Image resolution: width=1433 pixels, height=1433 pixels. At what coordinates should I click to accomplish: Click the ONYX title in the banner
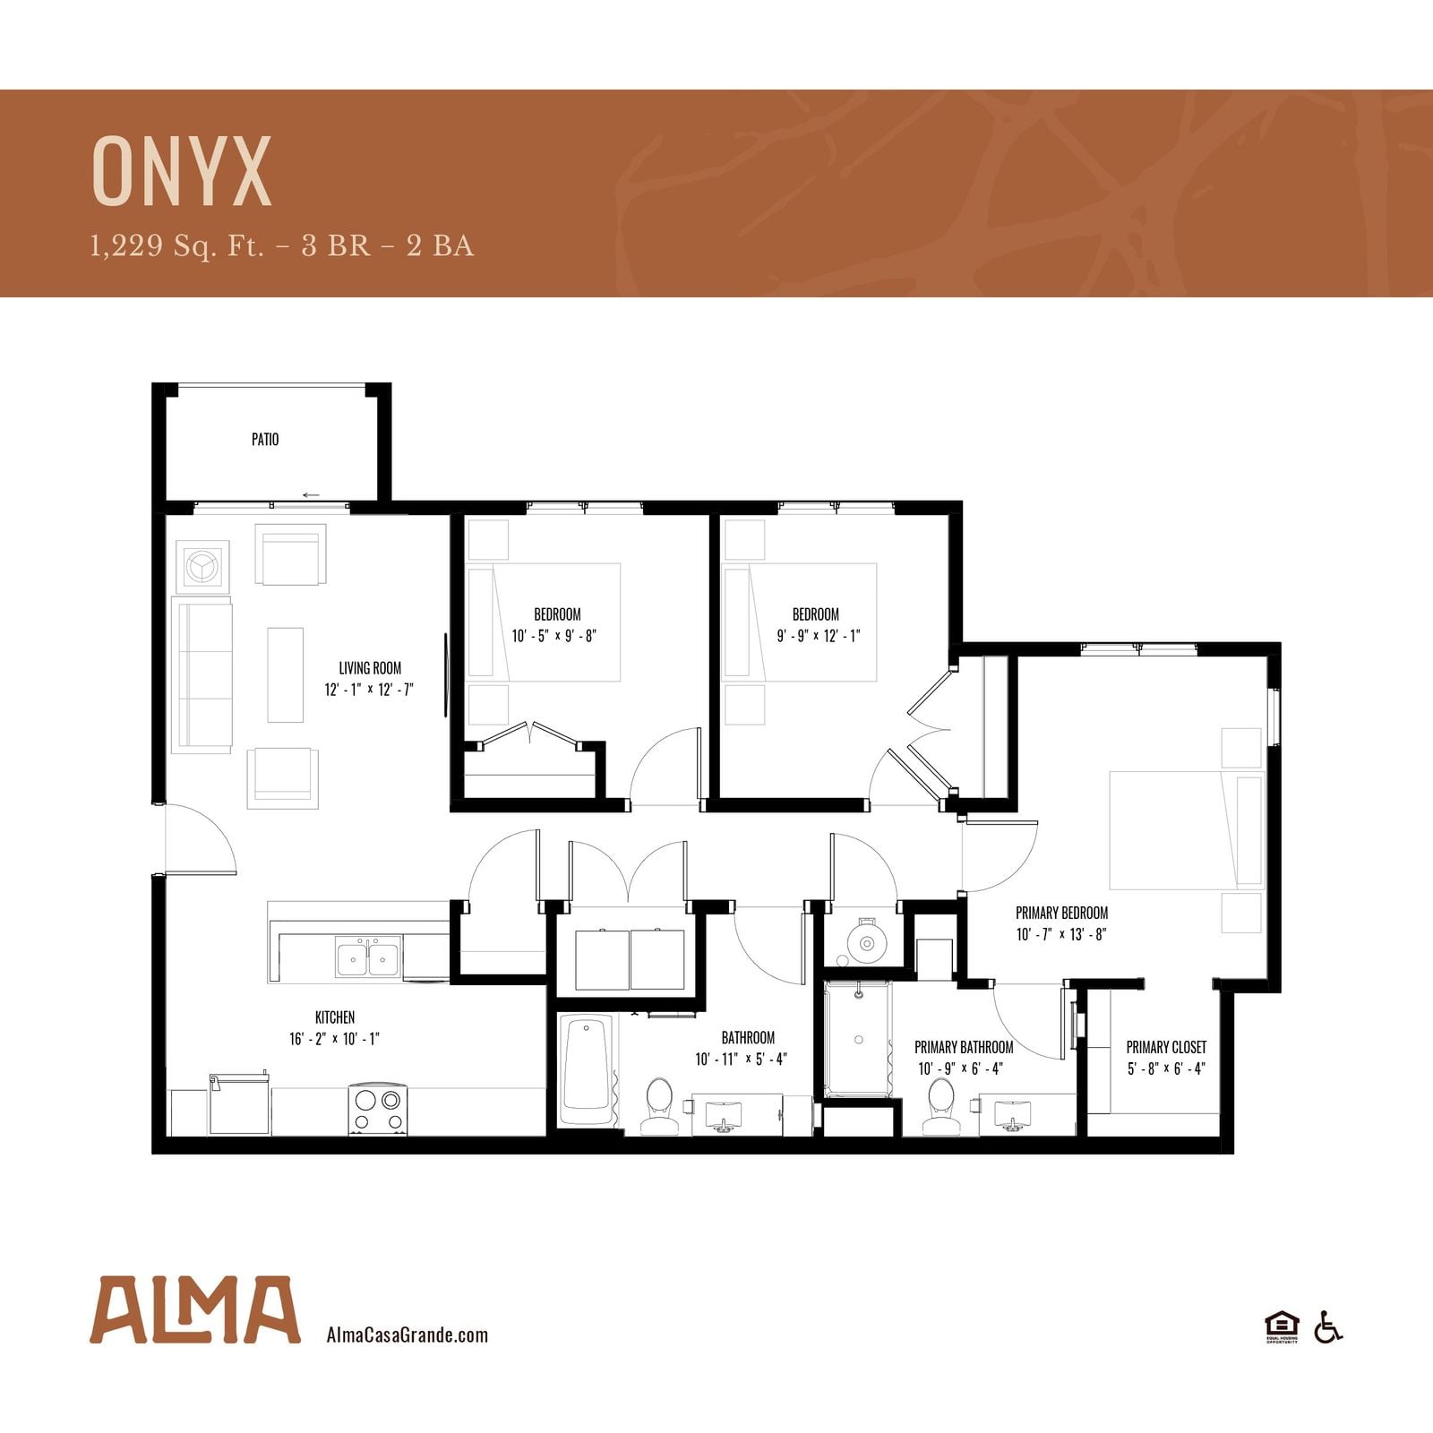tap(182, 172)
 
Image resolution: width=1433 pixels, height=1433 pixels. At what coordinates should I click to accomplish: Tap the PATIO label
tap(265, 439)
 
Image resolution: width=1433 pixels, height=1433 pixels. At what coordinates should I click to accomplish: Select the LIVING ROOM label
tap(370, 668)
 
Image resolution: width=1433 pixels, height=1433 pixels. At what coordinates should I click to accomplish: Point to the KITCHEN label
tap(335, 1017)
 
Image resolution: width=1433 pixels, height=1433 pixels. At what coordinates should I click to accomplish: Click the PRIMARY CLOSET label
tap(1166, 1047)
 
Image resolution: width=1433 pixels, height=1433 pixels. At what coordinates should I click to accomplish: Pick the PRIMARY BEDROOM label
tap(1061, 913)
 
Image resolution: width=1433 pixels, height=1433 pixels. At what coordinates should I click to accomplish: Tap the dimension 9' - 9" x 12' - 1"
tap(819, 636)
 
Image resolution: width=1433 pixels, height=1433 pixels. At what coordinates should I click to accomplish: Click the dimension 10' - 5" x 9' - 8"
tap(554, 636)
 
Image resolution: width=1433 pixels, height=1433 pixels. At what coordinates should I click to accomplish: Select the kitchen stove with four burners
tap(378, 1110)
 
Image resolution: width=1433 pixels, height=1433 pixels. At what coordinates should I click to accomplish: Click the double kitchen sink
tap(368, 957)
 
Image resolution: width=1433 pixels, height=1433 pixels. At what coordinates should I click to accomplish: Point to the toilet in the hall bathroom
tap(660, 1106)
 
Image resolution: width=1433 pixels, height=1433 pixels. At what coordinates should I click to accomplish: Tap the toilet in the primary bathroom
tap(941, 1106)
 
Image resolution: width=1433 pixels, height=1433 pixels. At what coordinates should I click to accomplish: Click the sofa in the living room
tap(202, 675)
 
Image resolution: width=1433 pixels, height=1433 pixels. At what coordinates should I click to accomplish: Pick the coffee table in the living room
tap(285, 674)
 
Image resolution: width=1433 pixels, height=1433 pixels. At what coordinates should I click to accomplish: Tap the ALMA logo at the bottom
tap(194, 1309)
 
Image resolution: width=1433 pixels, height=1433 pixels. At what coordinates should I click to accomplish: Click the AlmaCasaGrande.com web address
tap(408, 1334)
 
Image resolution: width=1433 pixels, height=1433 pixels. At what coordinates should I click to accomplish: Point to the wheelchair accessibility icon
tap(1328, 1326)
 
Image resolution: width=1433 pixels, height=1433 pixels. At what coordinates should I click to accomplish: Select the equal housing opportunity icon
tap(1282, 1326)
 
